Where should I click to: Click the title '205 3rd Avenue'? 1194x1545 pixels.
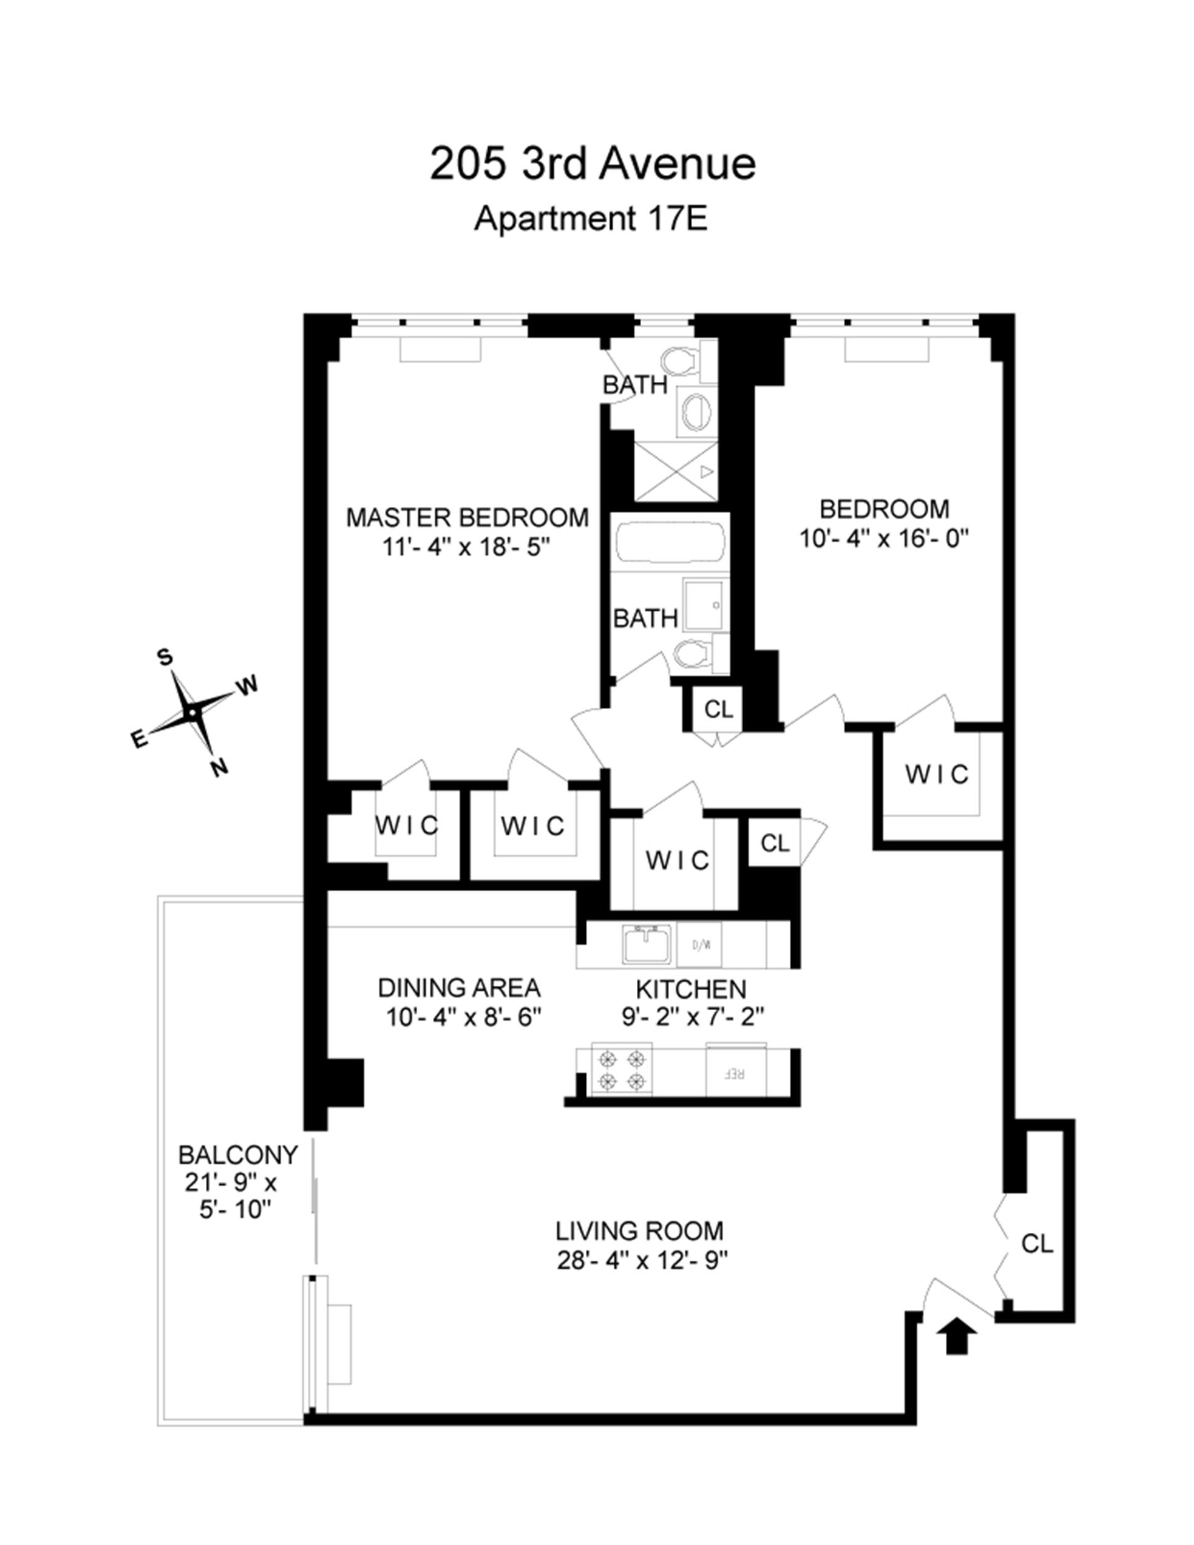point(593,164)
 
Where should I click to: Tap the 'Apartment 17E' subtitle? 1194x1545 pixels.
point(591,218)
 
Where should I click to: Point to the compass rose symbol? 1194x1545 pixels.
point(192,713)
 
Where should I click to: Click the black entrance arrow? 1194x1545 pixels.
point(956,1335)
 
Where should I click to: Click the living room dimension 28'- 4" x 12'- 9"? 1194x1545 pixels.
point(642,1261)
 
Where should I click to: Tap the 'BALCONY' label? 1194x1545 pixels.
point(238,1155)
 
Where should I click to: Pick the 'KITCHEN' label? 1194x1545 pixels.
point(691,988)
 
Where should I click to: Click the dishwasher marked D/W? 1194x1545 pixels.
point(700,944)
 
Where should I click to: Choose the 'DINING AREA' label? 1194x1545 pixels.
point(459,988)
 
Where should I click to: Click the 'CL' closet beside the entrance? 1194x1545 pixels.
point(1037,1243)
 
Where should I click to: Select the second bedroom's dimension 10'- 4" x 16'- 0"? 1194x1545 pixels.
point(884,539)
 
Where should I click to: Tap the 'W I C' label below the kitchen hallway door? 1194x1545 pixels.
point(677,860)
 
